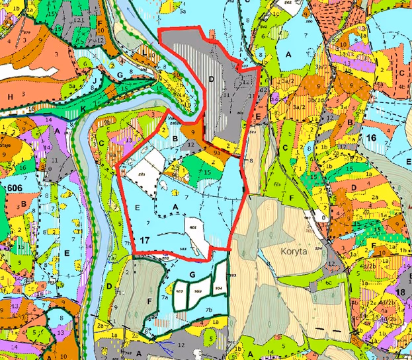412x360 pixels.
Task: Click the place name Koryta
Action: click(293, 252)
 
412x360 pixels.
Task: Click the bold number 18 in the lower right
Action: click(399, 292)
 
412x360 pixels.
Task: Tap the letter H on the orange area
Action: click(11, 96)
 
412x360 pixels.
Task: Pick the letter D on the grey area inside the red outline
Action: click(211, 79)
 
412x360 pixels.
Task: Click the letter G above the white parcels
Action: click(191, 272)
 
